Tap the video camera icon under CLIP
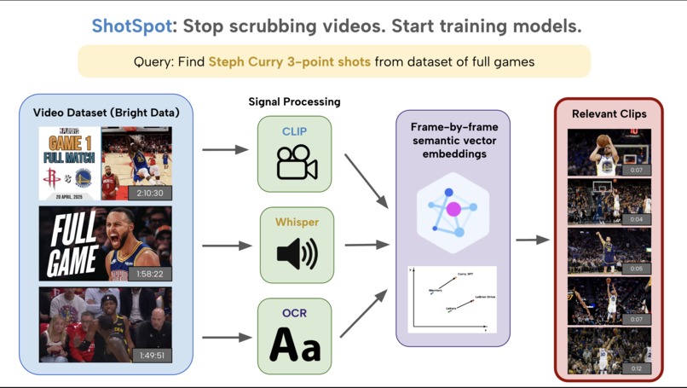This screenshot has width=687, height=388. click(295, 163)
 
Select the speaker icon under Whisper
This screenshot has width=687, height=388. click(296, 253)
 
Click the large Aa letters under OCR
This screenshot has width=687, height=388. click(295, 346)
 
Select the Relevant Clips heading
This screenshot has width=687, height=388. click(609, 113)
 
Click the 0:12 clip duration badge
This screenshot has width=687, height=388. click(637, 368)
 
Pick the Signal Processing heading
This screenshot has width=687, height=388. click(294, 101)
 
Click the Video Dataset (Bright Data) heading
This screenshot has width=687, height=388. click(106, 113)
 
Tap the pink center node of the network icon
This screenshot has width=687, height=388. click(453, 209)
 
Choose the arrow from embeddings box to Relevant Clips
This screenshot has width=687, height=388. click(533, 240)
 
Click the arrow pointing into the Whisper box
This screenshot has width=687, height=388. click(228, 246)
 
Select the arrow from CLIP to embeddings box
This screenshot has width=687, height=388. click(364, 180)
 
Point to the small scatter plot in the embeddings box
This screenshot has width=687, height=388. click(453, 299)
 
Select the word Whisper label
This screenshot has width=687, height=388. click(297, 223)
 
